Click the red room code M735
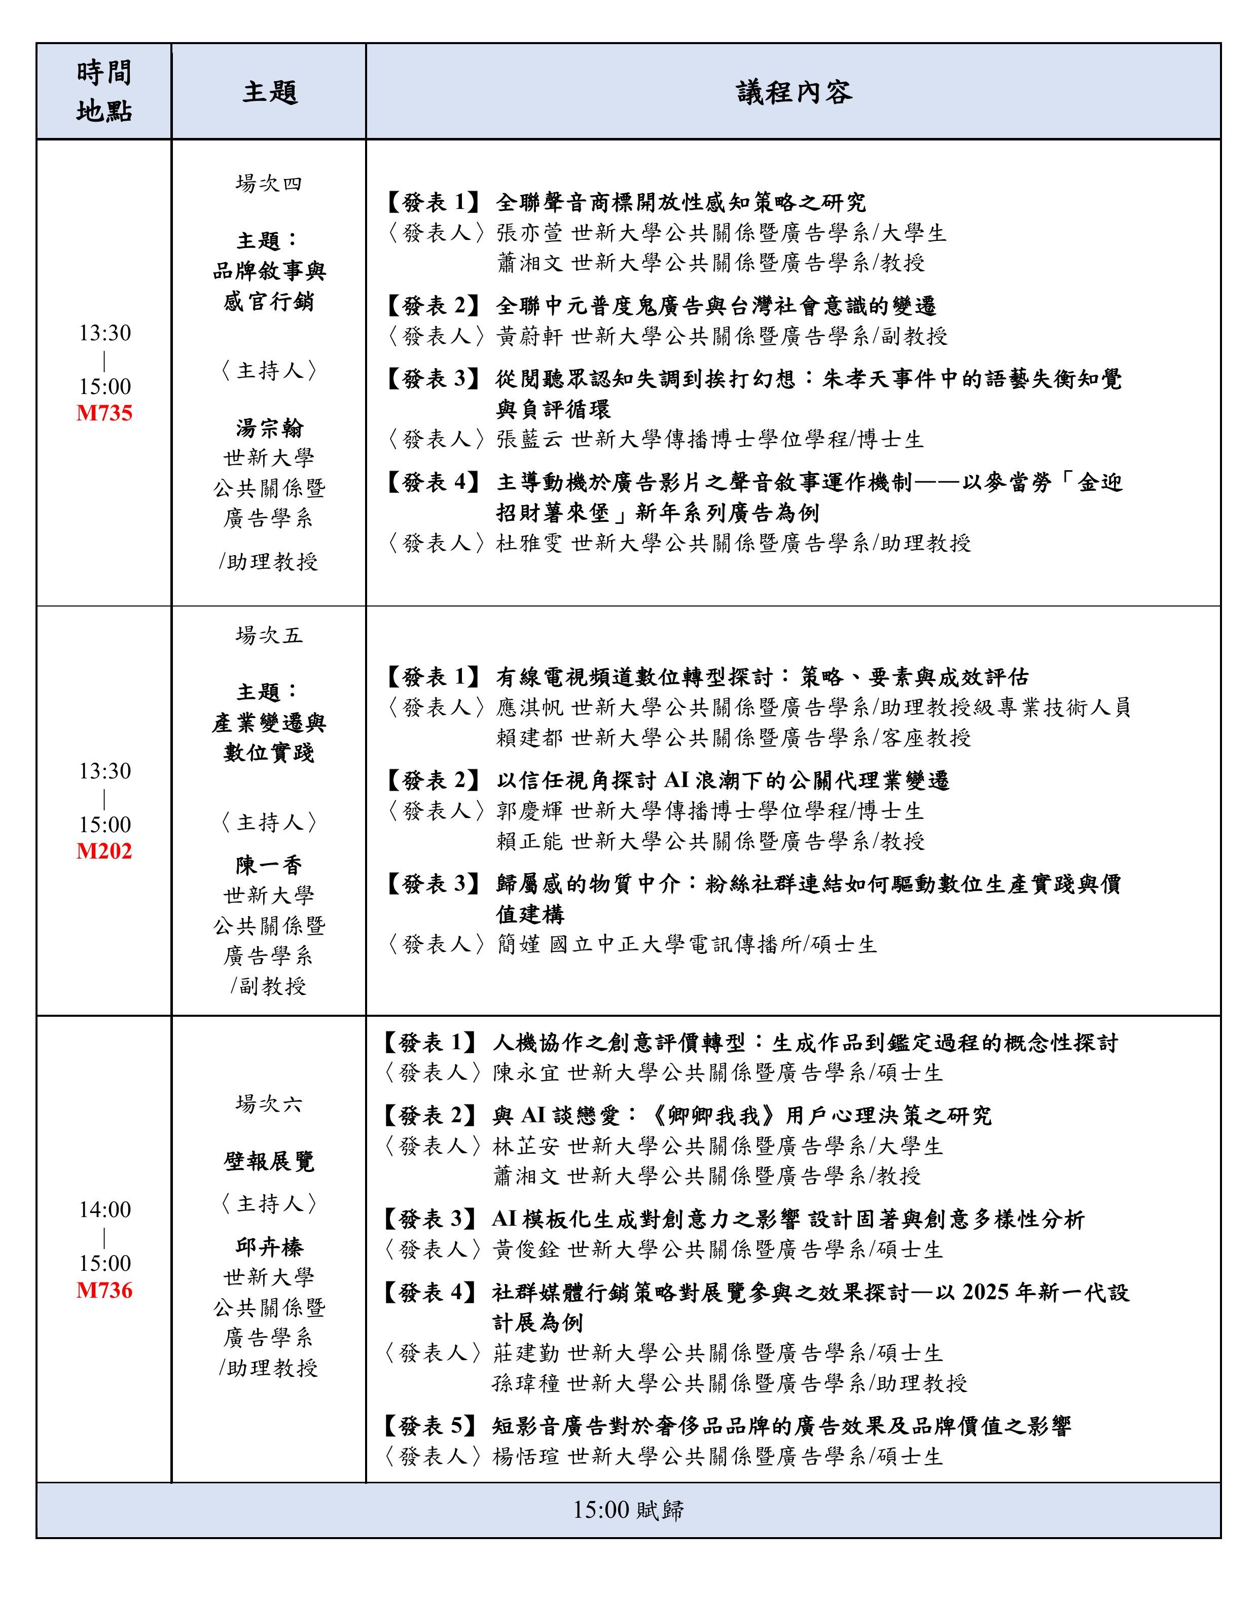[104, 413]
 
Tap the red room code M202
[104, 851]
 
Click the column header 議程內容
[794, 93]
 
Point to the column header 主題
[270, 93]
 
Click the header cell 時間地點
[104, 92]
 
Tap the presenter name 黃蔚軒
[529, 337]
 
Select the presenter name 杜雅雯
[529, 544]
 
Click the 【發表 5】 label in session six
[432, 1426]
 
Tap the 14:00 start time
[104, 1209]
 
